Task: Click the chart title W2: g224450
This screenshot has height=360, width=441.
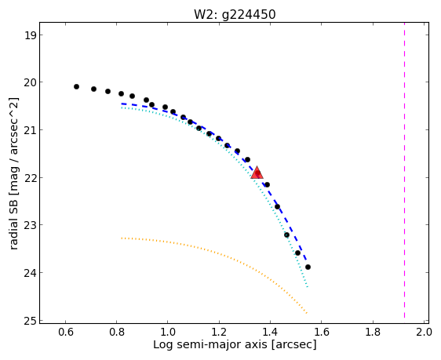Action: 235,14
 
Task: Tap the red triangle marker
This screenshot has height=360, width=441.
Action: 257,173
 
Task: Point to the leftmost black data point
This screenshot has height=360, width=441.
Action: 76,86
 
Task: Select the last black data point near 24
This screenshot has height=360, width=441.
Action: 308,267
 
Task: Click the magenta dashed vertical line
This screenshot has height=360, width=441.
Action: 404,169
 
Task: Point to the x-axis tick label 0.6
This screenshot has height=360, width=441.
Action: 66,332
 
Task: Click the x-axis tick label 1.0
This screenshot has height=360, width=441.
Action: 168,332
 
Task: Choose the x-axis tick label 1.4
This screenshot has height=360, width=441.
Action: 270,332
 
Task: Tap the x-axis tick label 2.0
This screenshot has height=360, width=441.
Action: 424,332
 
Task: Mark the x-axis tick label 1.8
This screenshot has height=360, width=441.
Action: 373,332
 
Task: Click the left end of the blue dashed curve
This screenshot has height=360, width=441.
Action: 122,104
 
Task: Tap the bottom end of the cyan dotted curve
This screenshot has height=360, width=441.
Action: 308,287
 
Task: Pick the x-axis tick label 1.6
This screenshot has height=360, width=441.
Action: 321,332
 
